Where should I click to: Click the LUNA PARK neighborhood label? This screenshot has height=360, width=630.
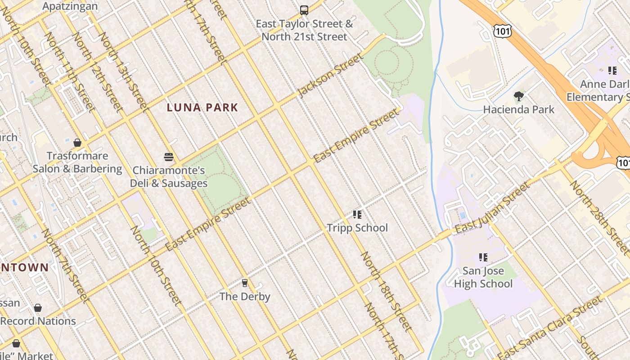(202, 108)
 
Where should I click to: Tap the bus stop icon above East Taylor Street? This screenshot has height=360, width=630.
(304, 10)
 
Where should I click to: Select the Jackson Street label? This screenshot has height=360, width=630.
(330, 75)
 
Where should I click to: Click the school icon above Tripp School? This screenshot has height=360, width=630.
(357, 215)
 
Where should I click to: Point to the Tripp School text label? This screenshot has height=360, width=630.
(357, 228)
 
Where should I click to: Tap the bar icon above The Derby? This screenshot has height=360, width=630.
(245, 283)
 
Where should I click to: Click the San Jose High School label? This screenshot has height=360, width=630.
(483, 278)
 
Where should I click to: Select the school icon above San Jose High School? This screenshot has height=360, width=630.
(483, 257)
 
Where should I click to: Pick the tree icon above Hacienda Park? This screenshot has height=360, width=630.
(519, 96)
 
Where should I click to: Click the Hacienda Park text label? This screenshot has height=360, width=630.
(519, 109)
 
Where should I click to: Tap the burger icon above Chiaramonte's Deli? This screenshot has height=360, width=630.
(169, 157)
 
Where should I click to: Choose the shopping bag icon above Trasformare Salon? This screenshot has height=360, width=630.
(77, 143)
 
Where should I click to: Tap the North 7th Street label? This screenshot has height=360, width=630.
(64, 265)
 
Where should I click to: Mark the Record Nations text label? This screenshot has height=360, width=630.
(38, 321)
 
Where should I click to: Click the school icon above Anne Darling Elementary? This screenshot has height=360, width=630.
(612, 70)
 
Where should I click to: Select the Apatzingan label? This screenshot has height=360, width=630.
(70, 6)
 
